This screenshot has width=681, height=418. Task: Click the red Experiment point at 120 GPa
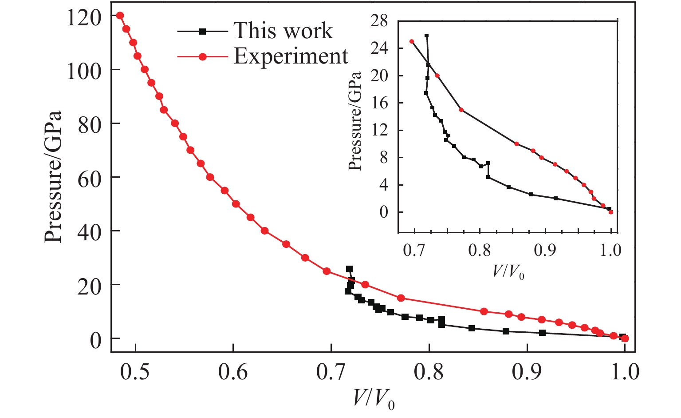tap(120, 16)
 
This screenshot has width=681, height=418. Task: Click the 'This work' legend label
tap(283, 31)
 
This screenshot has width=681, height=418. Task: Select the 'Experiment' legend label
tap(291, 56)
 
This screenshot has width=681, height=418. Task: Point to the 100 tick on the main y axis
tap(84, 70)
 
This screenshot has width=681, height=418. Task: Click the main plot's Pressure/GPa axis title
tap(53, 177)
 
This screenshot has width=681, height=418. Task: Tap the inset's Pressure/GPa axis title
tap(354, 120)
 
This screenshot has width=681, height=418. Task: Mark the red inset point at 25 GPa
tap(412, 41)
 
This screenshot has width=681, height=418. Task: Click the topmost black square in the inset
tap(427, 36)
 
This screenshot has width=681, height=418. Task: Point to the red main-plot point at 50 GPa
tap(236, 204)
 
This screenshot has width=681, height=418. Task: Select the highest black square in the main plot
tap(349, 269)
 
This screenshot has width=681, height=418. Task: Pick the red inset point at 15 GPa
tap(461, 110)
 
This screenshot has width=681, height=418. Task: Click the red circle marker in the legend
tap(203, 57)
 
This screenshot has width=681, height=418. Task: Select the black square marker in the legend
tap(203, 31)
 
